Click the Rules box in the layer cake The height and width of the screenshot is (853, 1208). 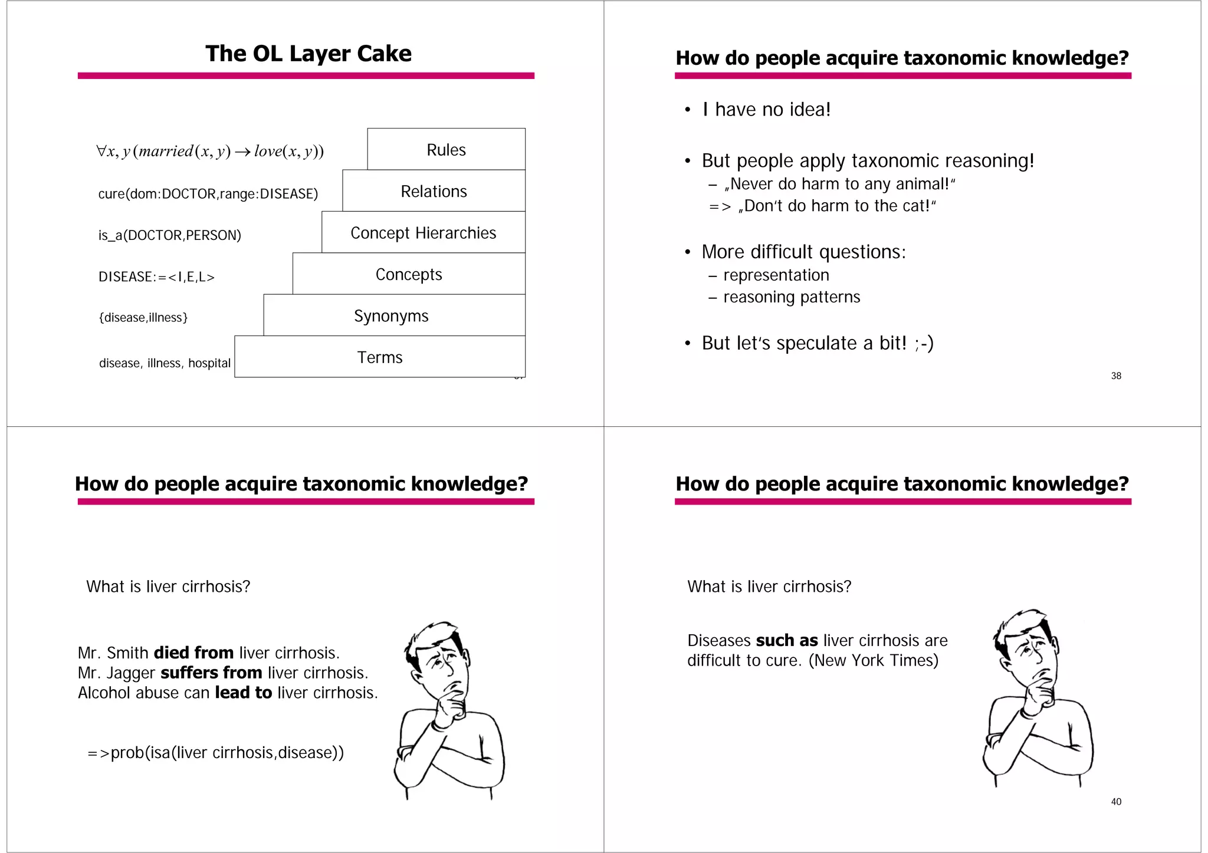coord(446,150)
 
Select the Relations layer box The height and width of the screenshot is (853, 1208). coord(434,191)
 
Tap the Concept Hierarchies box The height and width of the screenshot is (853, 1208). coord(423,233)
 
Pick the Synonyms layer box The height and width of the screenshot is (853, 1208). coord(391,316)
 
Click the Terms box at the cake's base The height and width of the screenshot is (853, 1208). coord(380,357)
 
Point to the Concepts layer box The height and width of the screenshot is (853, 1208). coord(409,274)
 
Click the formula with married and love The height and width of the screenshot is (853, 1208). coord(210,152)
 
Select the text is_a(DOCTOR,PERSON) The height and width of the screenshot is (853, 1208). coord(170,235)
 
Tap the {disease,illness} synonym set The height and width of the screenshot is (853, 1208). coord(143,318)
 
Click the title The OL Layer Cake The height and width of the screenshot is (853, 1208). coord(308,54)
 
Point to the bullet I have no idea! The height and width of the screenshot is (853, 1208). coord(766,110)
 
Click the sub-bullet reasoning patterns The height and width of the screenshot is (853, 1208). coord(792,297)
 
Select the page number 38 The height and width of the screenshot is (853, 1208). coord(1116,376)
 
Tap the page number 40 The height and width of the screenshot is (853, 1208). coord(1116,802)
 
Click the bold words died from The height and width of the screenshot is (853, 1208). coord(193,653)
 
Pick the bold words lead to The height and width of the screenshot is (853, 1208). coord(243,693)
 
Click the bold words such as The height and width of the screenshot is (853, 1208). coord(787,641)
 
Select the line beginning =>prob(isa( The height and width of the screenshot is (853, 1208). coord(216,753)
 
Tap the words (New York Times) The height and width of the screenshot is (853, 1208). coord(873,660)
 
